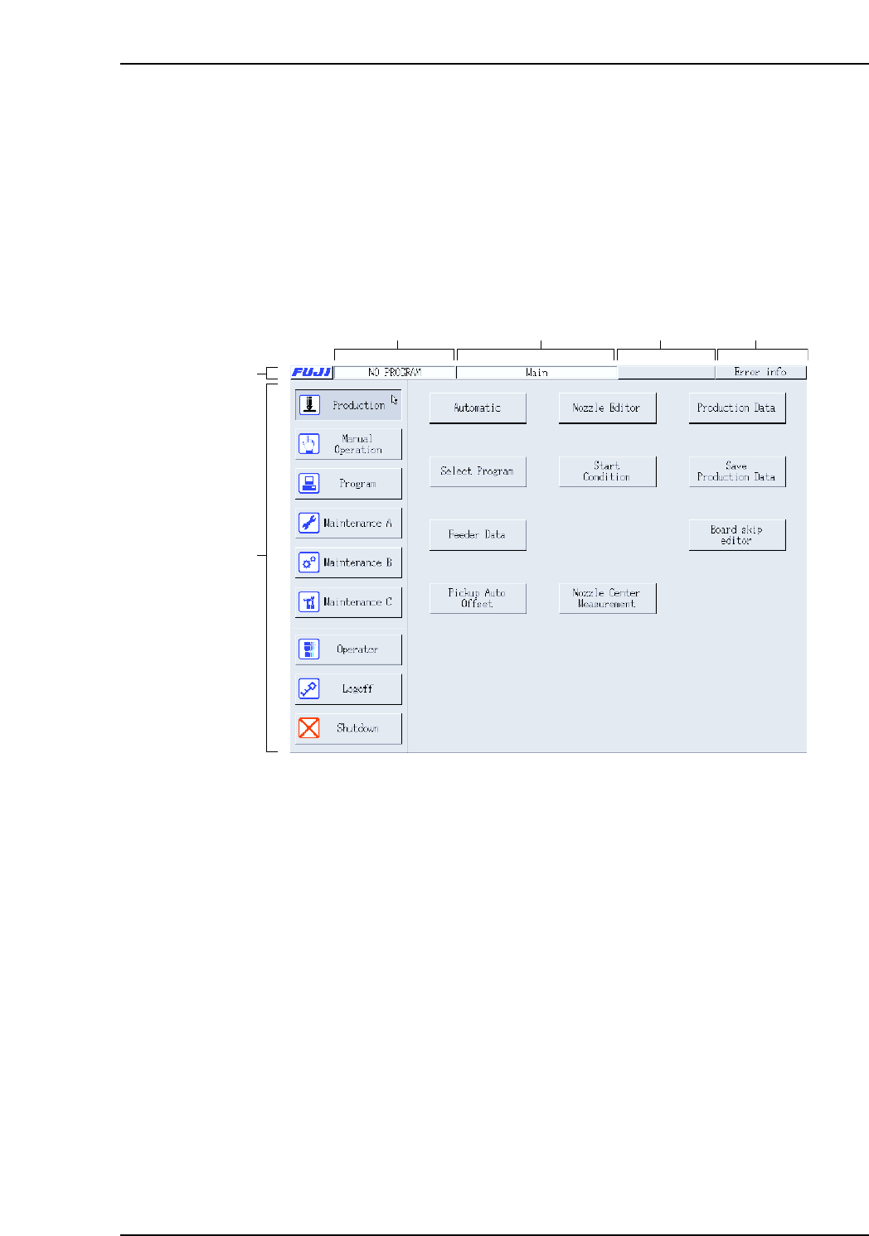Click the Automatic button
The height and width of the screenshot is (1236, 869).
point(478,408)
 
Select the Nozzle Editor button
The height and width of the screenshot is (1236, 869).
point(607,408)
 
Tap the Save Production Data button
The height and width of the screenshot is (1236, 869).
point(736,471)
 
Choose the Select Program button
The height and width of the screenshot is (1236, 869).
point(478,471)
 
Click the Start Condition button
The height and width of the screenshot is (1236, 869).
point(607,471)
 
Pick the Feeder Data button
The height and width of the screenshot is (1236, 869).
point(478,534)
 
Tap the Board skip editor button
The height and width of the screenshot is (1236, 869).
point(736,534)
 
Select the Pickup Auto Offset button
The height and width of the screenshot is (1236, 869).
point(478,598)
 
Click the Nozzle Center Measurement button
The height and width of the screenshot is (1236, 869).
point(607,598)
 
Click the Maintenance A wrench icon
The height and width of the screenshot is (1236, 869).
point(308,523)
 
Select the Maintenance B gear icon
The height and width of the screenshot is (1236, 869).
point(308,562)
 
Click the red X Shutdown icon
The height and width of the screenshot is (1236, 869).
point(308,728)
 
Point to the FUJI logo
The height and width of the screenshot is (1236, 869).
point(312,373)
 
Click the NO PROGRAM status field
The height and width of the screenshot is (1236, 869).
point(395,373)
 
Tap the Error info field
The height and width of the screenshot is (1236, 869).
point(760,373)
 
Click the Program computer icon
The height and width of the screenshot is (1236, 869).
point(308,483)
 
